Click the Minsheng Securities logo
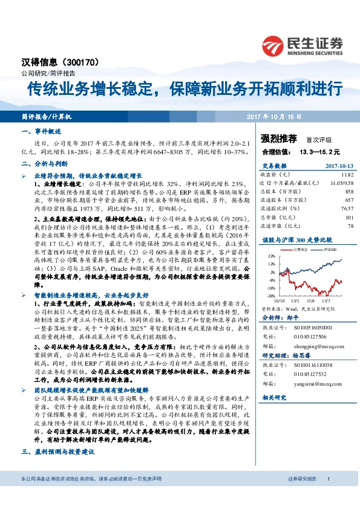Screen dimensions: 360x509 point(303,44)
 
